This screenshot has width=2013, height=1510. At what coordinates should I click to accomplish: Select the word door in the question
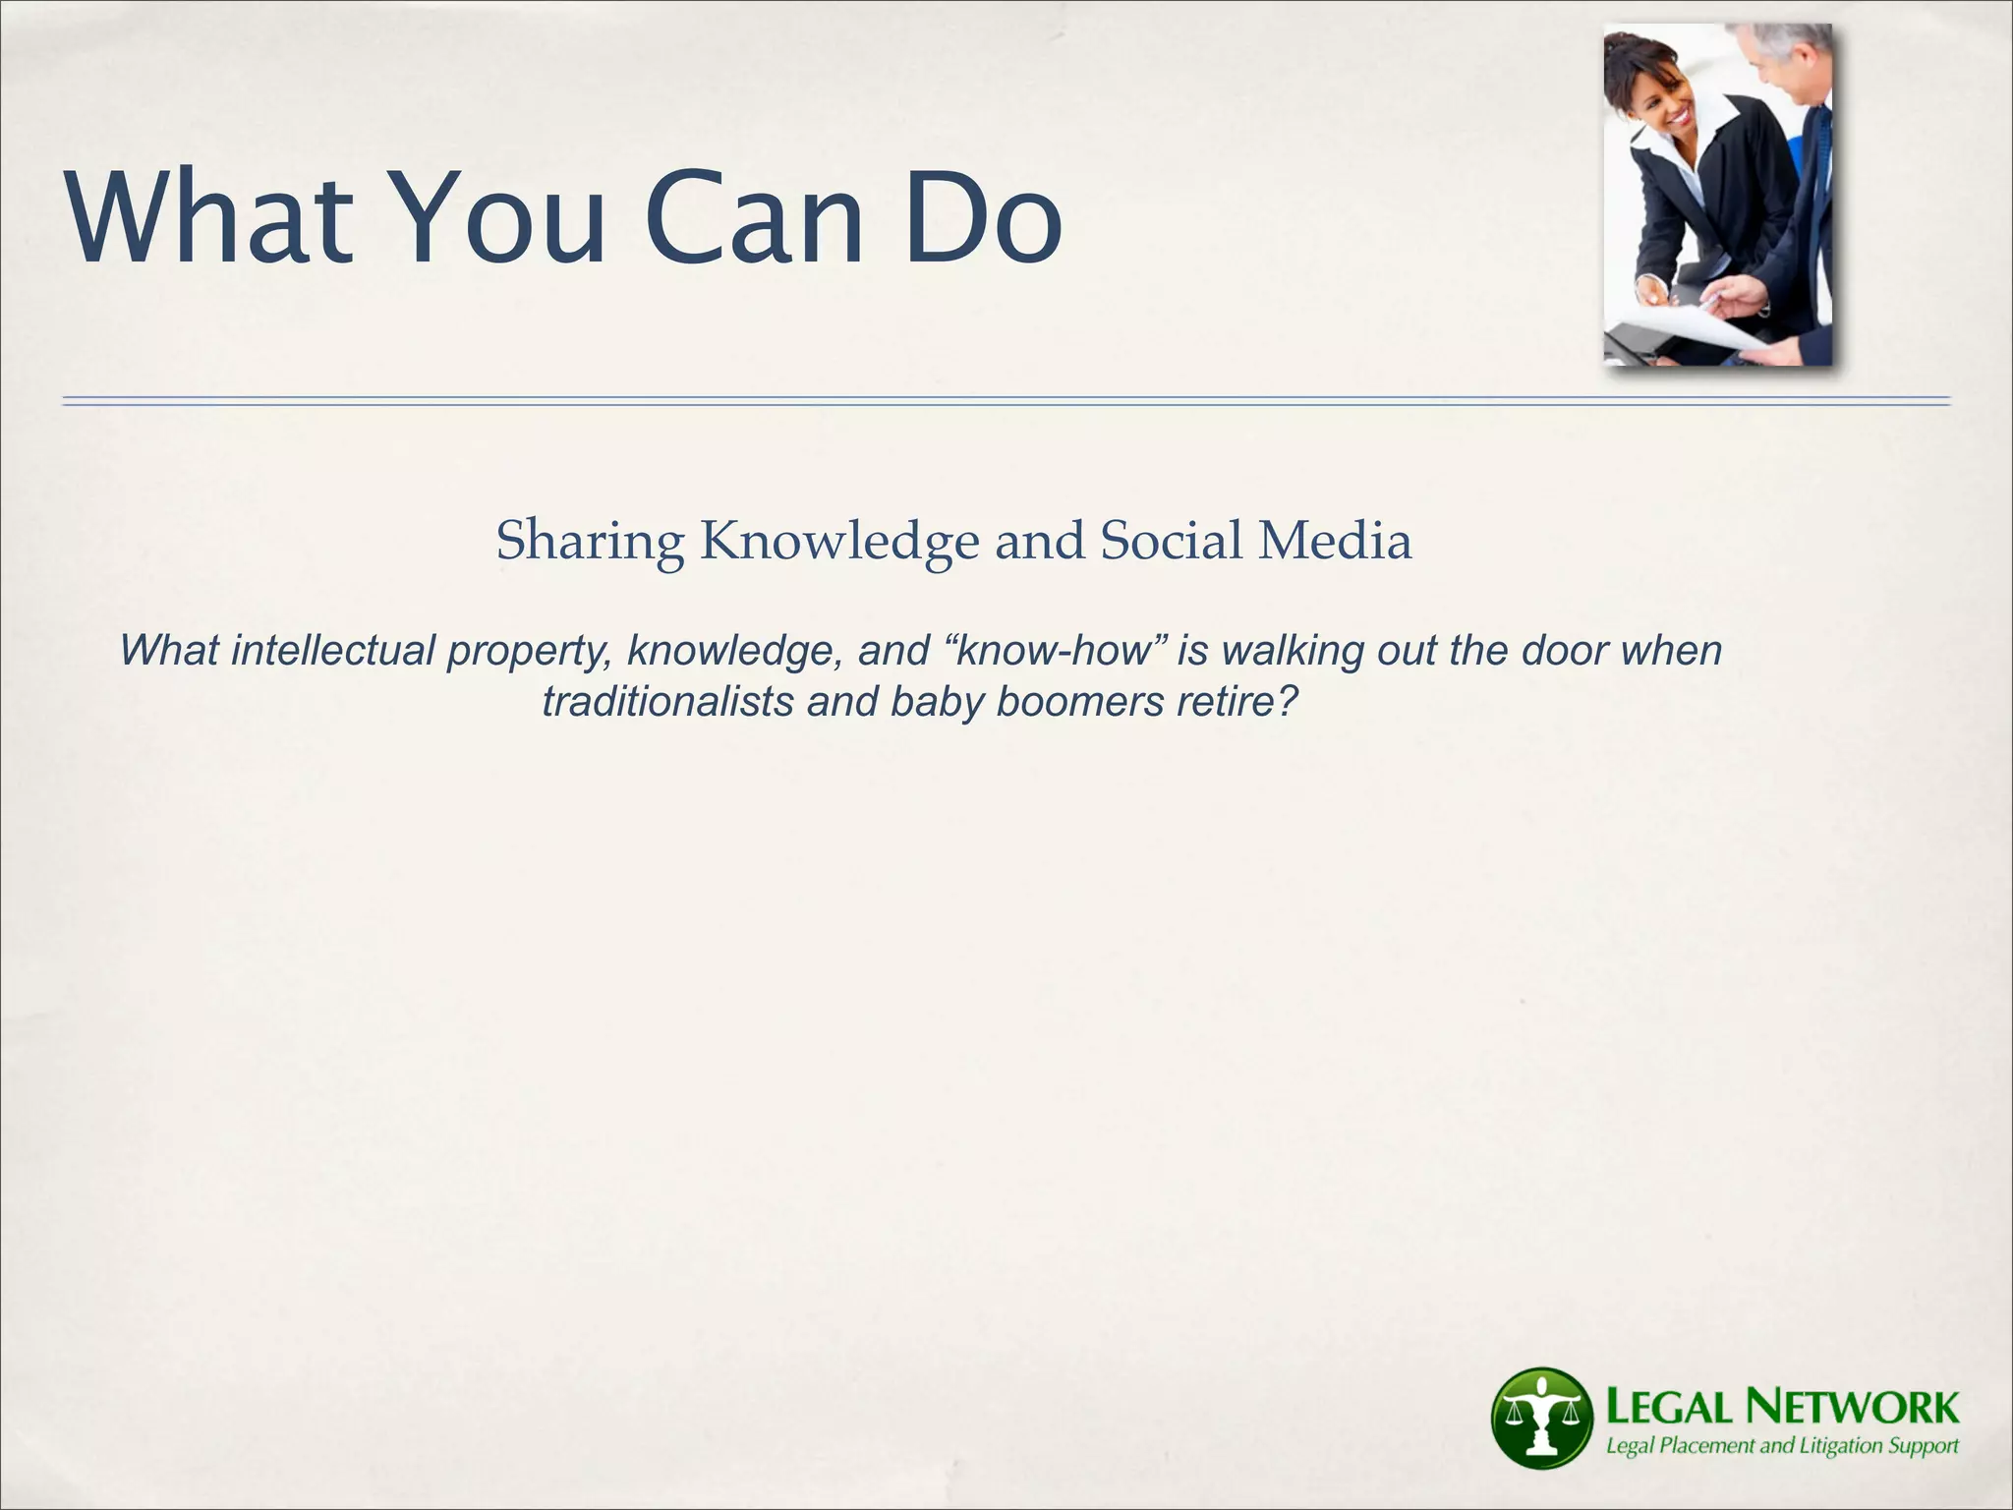tap(1565, 651)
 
